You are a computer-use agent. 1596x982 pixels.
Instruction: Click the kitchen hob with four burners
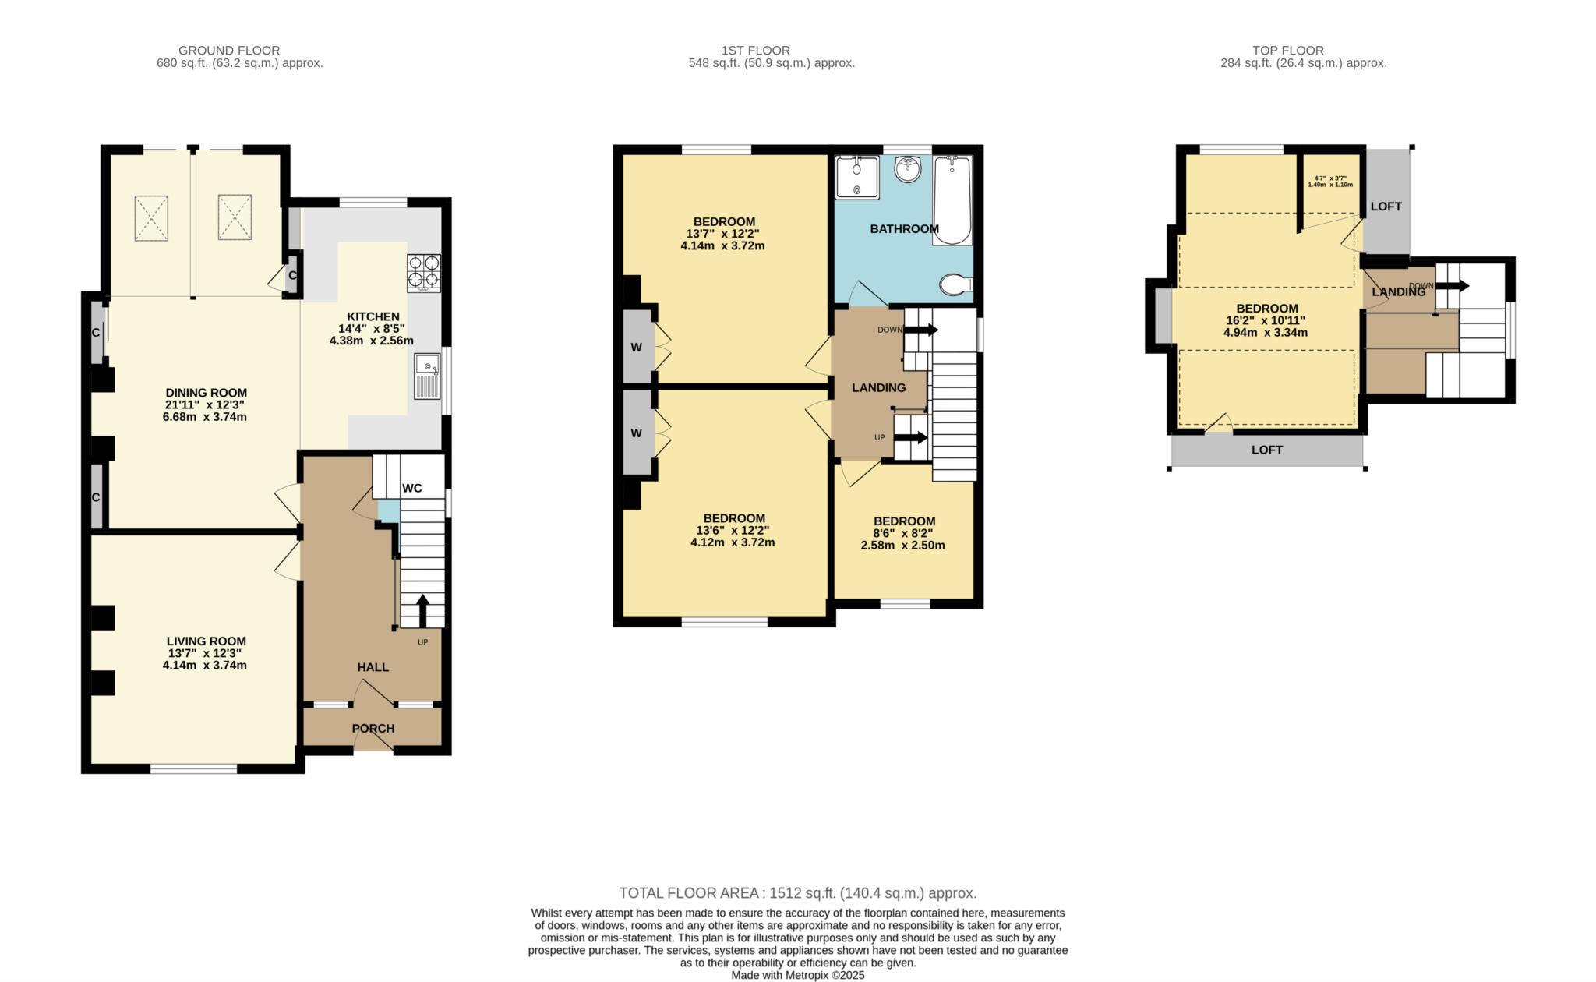[423, 273]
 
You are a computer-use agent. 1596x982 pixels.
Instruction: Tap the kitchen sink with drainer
[427, 376]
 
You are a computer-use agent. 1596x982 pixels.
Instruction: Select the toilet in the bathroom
[956, 285]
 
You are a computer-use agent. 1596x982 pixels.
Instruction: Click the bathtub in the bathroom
[952, 200]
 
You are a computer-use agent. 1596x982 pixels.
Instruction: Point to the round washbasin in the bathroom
[908, 168]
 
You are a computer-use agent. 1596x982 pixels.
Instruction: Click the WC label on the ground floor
[411, 489]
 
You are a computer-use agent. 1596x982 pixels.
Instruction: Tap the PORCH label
[373, 729]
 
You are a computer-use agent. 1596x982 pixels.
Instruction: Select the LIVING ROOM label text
[206, 641]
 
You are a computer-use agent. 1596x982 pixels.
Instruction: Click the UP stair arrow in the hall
[423, 611]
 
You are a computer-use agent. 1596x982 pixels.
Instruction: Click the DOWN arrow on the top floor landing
[1453, 286]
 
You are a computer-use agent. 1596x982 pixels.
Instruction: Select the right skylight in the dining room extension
[235, 217]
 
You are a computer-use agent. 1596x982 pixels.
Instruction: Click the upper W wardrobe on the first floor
[637, 348]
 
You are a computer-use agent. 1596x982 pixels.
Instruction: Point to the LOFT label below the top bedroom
[1266, 450]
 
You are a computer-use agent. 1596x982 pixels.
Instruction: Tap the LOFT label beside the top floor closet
[1386, 207]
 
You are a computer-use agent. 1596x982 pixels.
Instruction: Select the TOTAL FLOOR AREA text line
[797, 893]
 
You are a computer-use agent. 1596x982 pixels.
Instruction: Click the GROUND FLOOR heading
[228, 51]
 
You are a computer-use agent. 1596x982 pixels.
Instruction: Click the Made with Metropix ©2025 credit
[797, 975]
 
